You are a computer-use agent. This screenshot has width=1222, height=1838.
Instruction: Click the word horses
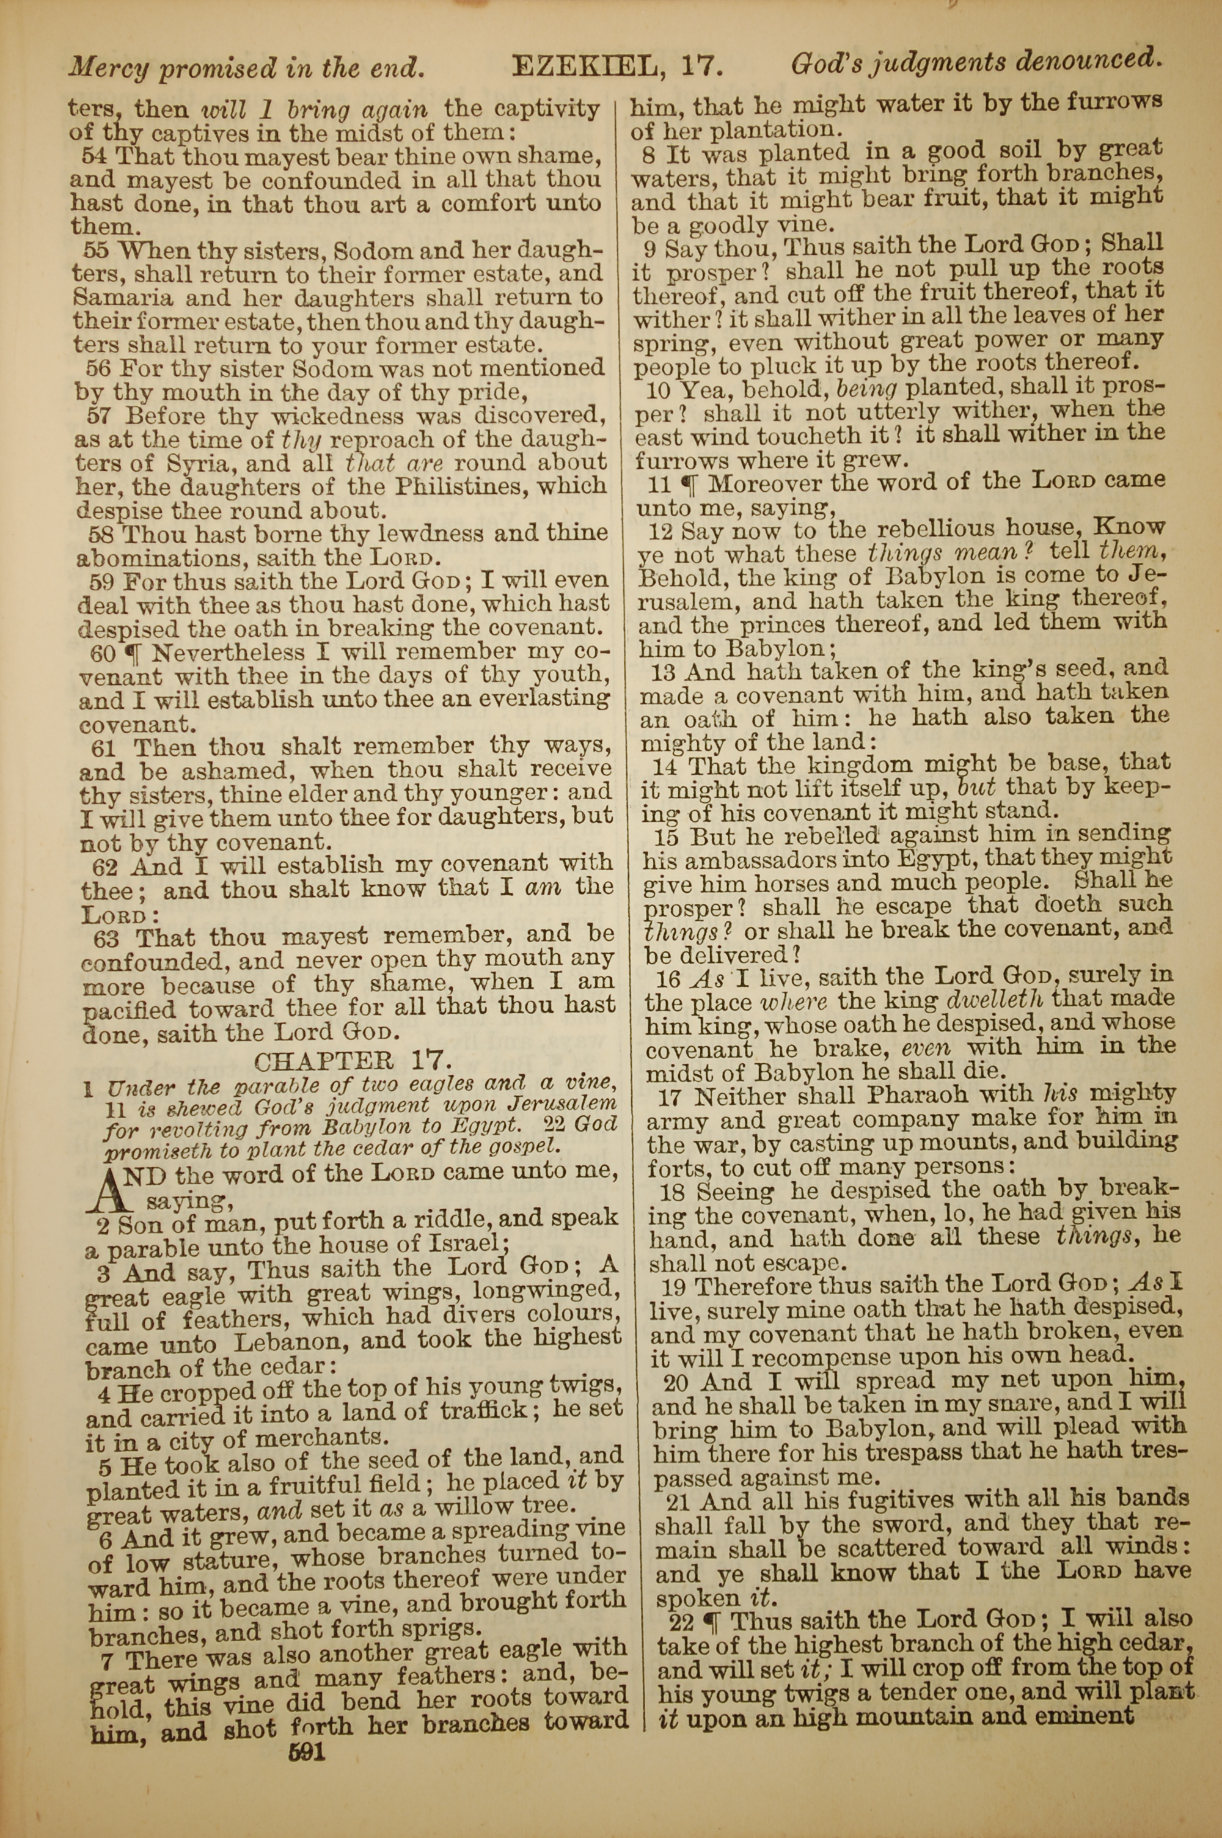(814, 883)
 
